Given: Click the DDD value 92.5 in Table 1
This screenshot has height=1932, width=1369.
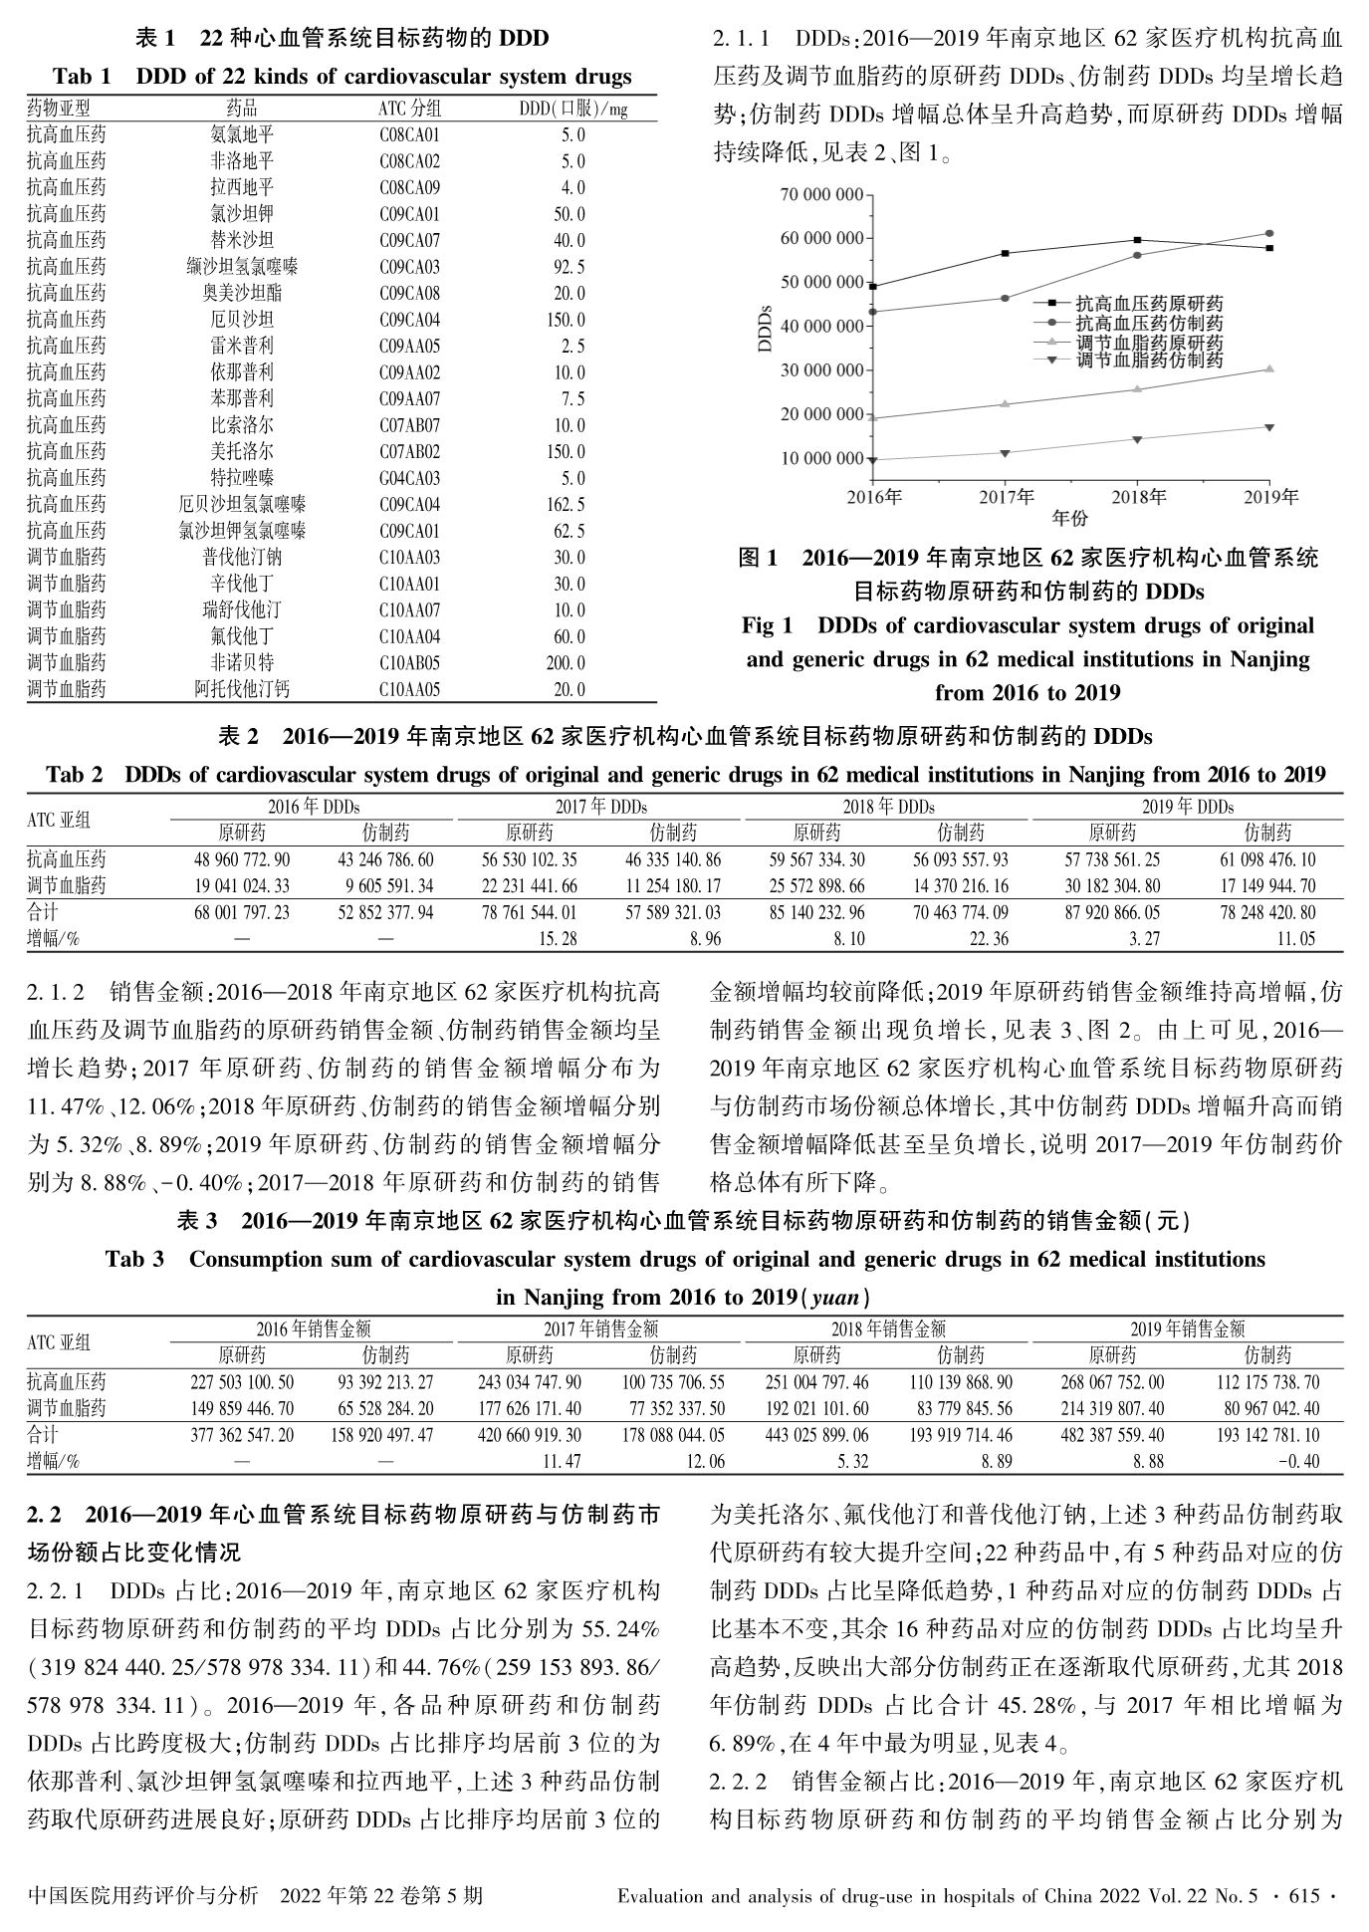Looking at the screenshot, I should pos(572,267).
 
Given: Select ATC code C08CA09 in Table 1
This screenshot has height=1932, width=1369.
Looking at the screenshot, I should pos(409,187).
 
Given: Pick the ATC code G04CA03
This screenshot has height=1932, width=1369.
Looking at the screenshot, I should pos(409,478).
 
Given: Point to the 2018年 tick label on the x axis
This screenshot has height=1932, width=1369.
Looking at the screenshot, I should pos(1138,496).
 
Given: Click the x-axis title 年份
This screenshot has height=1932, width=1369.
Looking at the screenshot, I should pos(1070,518).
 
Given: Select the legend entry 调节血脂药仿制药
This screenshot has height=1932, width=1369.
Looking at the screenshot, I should pos(1149,361).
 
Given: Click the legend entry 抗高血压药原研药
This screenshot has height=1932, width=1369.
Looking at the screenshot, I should pos(1149,304).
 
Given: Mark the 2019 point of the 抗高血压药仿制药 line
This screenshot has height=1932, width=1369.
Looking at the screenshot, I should pos(1269,233).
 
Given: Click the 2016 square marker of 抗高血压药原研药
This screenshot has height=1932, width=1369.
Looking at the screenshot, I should pos(873,287).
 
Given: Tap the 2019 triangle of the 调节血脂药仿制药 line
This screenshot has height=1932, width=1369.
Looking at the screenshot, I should pos(1269,427).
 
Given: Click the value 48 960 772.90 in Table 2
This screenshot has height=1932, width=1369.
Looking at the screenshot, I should pos(242,859).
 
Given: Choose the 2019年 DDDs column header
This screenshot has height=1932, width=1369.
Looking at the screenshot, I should pos(1187,807).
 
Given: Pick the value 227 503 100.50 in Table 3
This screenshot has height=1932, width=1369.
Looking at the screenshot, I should pos(242,1382).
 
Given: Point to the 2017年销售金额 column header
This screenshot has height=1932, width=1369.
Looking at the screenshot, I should pos(600,1328).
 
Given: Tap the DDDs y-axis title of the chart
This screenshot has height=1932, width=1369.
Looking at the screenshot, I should pos(765,328).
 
